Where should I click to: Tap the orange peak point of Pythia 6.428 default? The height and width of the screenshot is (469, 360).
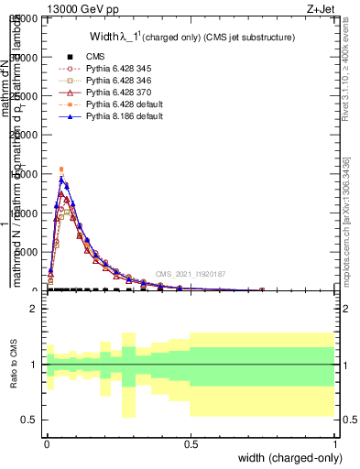[x=61, y=169]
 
